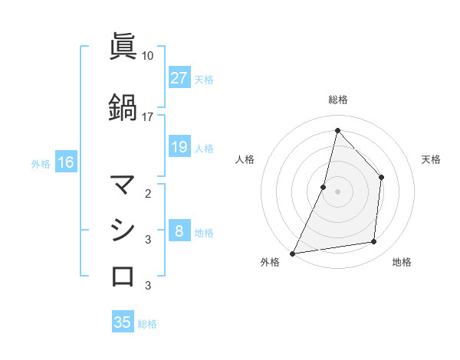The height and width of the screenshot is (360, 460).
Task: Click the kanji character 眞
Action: (x=123, y=47)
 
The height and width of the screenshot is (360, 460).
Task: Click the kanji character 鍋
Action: (x=123, y=107)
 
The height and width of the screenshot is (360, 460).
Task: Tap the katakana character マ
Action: (x=123, y=185)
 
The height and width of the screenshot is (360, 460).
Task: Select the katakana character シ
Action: (x=123, y=230)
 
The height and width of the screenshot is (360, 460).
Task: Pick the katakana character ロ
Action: (x=123, y=276)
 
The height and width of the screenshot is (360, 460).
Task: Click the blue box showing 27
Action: (x=179, y=78)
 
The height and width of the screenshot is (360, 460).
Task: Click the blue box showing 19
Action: (x=179, y=147)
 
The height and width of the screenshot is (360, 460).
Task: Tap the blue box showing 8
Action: (x=179, y=231)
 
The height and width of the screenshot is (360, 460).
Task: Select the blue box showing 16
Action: (x=65, y=162)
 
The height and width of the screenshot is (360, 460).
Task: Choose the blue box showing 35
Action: (x=123, y=322)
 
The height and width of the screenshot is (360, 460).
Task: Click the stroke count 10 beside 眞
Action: (x=148, y=56)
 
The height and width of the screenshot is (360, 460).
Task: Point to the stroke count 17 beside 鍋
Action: (x=148, y=116)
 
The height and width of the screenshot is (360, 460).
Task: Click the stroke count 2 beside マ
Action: (x=148, y=193)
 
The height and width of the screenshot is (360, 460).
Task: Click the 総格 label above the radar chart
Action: (x=337, y=100)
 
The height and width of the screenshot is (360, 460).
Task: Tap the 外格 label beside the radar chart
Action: (x=270, y=263)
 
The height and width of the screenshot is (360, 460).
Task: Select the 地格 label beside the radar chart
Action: (x=402, y=263)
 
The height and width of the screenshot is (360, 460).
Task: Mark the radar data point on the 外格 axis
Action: (x=292, y=253)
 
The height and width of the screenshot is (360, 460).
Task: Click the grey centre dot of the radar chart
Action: (x=337, y=191)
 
